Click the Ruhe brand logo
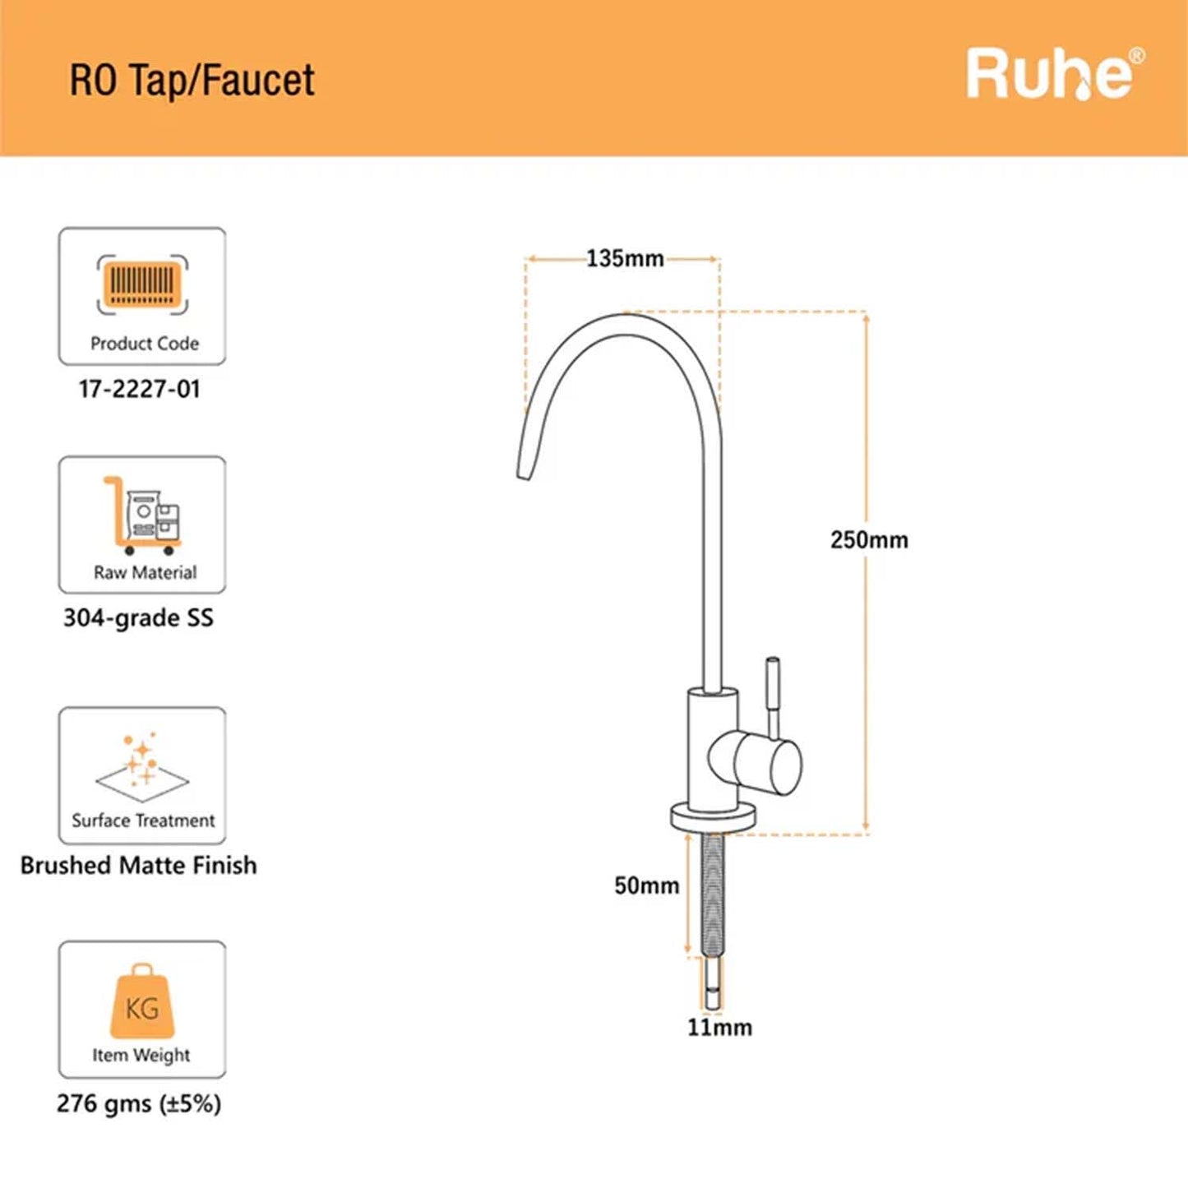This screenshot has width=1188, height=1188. pyautogui.click(x=1055, y=74)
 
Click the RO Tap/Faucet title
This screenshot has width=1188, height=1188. pyautogui.click(x=192, y=80)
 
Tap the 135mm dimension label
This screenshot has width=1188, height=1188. pyautogui.click(x=625, y=258)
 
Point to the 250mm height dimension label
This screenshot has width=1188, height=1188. pyautogui.click(x=869, y=540)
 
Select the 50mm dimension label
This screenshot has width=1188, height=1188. pyautogui.click(x=647, y=885)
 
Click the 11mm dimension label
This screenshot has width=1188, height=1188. pyautogui.click(x=719, y=1028)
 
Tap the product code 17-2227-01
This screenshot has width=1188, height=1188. pyautogui.click(x=139, y=389)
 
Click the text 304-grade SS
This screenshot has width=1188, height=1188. pyautogui.click(x=139, y=617)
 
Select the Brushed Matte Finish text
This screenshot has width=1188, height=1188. pyautogui.click(x=139, y=866)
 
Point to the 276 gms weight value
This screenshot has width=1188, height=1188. pyautogui.click(x=139, y=1103)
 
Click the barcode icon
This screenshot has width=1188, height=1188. pyautogui.click(x=142, y=284)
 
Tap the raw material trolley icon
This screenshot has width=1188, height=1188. pyautogui.click(x=142, y=515)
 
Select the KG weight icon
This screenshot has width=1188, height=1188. pyautogui.click(x=142, y=1001)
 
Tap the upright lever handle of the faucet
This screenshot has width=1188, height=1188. pyautogui.click(x=773, y=696)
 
